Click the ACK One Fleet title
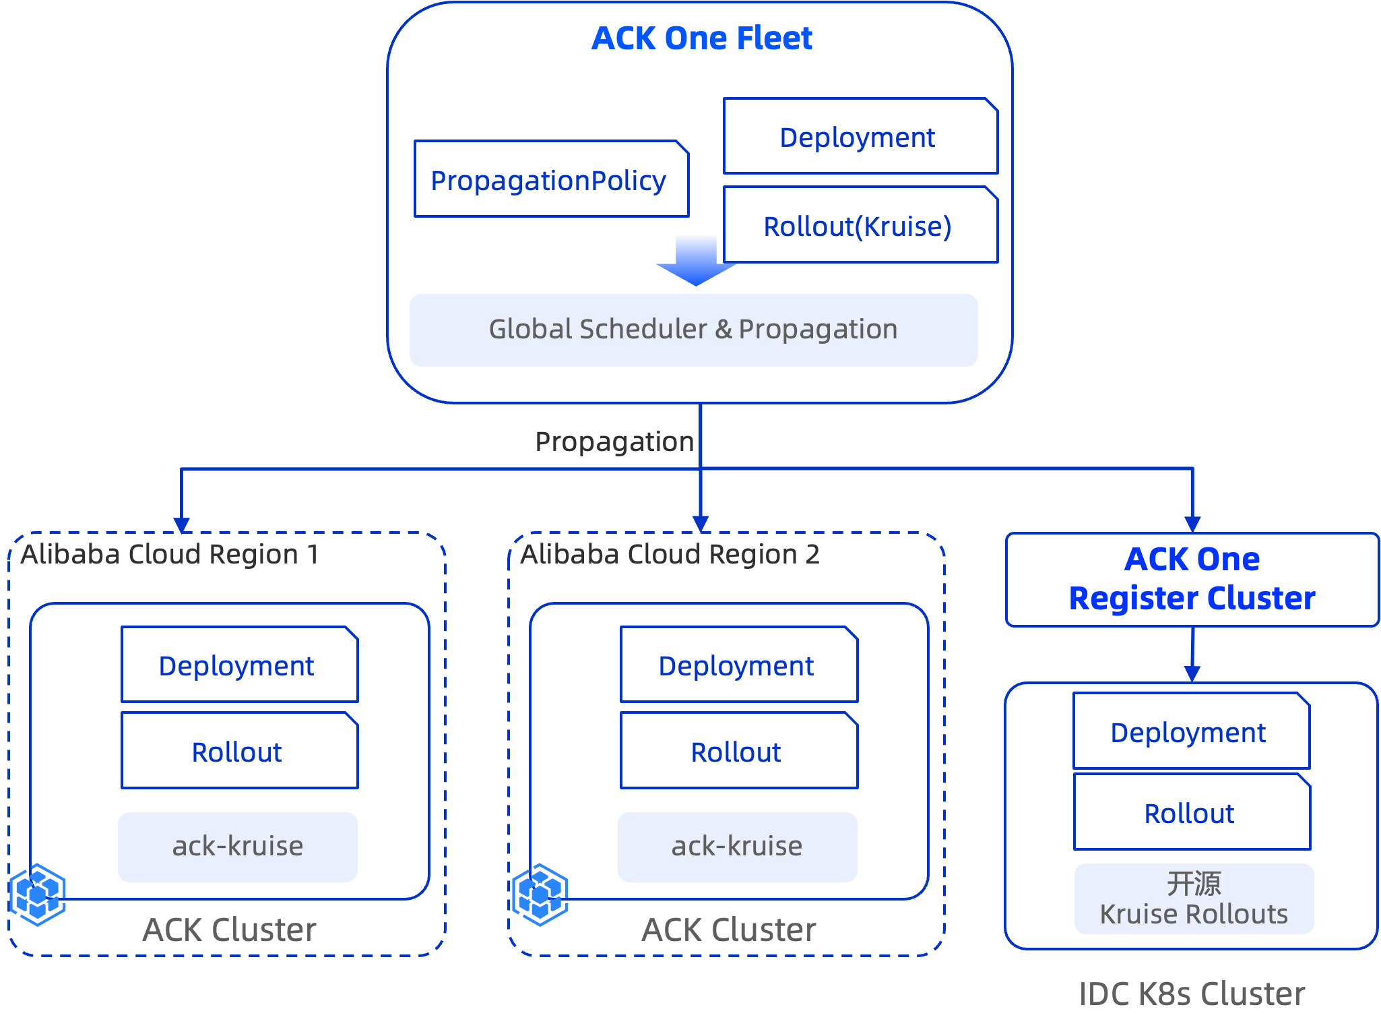pyautogui.click(x=701, y=38)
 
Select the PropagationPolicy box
pyautogui.click(x=551, y=179)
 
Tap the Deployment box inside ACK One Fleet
pyautogui.click(x=860, y=136)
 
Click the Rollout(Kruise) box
pyautogui.click(x=860, y=224)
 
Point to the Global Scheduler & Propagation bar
pyautogui.click(x=693, y=330)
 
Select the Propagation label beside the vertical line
pyautogui.click(x=614, y=442)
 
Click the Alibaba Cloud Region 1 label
pyautogui.click(x=170, y=554)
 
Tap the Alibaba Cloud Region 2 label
pyautogui.click(x=670, y=554)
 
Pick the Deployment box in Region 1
pyautogui.click(x=239, y=665)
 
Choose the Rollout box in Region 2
pyautogui.click(x=739, y=750)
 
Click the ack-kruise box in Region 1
pyautogui.click(x=237, y=847)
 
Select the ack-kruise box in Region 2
pyautogui.click(x=737, y=847)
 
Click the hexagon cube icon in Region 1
pyautogui.click(x=38, y=894)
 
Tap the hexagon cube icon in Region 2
pyautogui.click(x=540, y=894)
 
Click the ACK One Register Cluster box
pyautogui.click(x=1192, y=580)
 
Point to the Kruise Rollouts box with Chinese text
pyautogui.click(x=1194, y=899)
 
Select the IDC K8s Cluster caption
pyautogui.click(x=1192, y=994)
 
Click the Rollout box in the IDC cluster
pyautogui.click(x=1192, y=812)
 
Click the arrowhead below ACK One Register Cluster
pyautogui.click(x=1192, y=673)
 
